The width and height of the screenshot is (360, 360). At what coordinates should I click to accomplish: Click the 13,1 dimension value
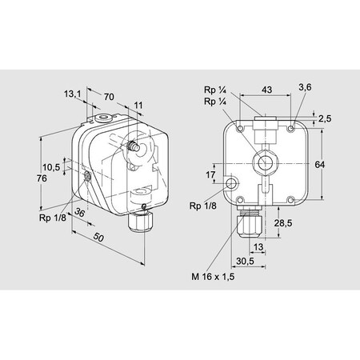[x=73, y=94]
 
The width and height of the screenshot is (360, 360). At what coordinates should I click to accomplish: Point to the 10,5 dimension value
[x=51, y=167]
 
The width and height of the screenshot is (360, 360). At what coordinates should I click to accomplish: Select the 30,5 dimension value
[x=245, y=261]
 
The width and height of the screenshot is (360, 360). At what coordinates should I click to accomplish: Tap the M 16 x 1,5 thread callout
[x=209, y=277]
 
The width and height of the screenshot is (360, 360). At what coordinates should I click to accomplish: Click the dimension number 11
[x=138, y=105]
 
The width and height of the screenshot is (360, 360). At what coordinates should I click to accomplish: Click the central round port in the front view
[x=262, y=163]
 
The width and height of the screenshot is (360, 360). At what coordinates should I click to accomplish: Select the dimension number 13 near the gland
[x=259, y=247]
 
